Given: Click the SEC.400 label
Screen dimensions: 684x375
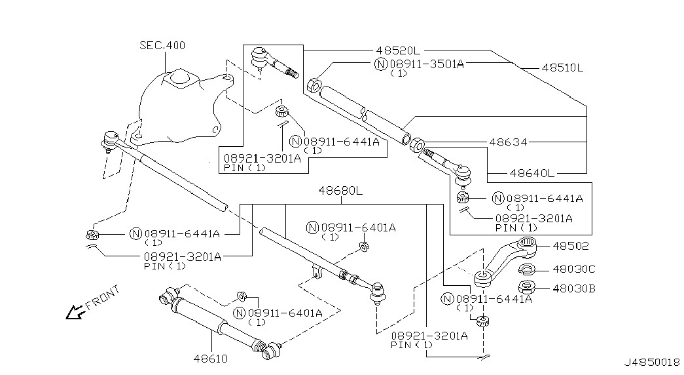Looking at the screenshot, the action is (162, 45).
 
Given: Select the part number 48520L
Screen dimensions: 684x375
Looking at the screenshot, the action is (398, 50).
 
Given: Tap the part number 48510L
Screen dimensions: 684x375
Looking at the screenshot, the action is (562, 68).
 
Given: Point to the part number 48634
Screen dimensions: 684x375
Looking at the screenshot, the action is (508, 142).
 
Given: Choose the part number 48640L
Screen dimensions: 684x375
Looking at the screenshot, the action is (531, 173).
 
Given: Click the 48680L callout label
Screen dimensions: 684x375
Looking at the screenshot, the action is (340, 191).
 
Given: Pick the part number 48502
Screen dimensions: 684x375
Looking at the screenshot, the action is (571, 246).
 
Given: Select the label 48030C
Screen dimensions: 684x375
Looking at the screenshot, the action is (573, 269).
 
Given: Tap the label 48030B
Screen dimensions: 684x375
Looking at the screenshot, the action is (573, 288).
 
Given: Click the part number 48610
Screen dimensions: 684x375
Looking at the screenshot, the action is (211, 359).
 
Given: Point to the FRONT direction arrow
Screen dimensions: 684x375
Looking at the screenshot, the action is (75, 311).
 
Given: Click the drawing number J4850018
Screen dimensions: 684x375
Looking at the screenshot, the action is (652, 363).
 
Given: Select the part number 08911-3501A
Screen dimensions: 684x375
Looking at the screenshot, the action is (427, 64).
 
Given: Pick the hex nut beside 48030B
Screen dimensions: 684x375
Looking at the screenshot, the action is (527, 288).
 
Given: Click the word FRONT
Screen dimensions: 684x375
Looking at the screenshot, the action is (103, 298).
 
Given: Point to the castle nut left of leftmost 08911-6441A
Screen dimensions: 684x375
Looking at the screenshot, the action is (92, 235).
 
